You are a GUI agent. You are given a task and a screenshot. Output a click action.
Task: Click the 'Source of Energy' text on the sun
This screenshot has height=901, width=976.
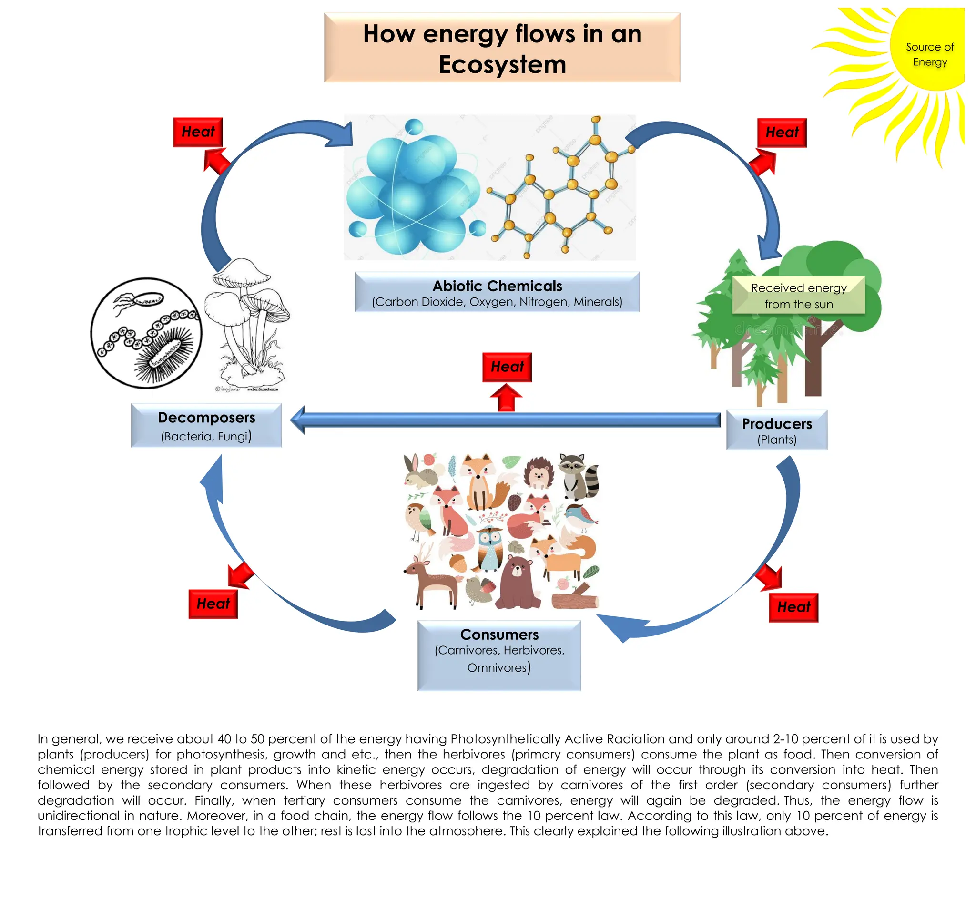tap(929, 54)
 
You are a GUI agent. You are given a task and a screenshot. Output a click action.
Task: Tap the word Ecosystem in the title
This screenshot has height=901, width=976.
tap(502, 64)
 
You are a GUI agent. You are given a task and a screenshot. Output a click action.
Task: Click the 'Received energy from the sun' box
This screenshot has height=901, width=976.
tap(798, 296)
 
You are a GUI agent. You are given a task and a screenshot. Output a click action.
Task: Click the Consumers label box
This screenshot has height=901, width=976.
tap(499, 655)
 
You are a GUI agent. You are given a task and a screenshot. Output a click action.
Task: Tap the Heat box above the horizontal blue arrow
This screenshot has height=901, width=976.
tap(507, 367)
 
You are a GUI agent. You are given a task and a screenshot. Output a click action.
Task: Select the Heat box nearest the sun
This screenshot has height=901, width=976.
tap(781, 133)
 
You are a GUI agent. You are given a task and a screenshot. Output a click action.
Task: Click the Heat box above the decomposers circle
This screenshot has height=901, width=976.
tap(198, 132)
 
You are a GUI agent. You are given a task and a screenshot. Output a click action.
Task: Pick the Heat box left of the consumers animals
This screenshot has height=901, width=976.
tap(213, 604)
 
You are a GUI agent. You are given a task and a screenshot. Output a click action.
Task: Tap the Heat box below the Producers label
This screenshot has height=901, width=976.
tap(793, 607)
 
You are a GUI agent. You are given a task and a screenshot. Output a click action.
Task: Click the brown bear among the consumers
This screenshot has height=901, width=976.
tap(518, 583)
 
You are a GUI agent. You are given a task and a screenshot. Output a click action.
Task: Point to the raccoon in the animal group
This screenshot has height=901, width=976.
tap(578, 475)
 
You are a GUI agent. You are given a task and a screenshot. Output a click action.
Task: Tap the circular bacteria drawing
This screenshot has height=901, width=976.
tap(146, 334)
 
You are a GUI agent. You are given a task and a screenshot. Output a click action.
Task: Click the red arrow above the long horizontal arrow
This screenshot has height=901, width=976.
tap(506, 398)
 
